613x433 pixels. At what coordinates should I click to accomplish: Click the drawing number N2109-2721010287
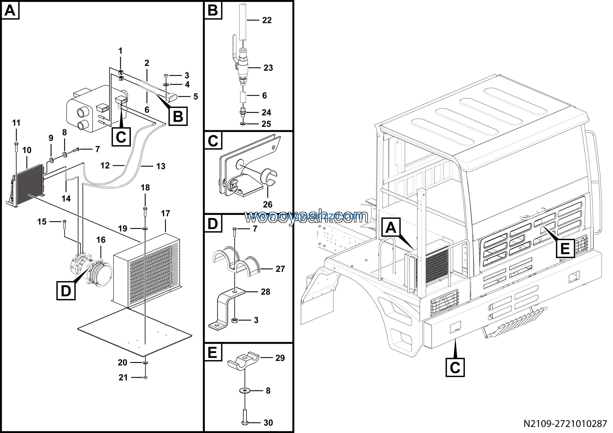click(565, 424)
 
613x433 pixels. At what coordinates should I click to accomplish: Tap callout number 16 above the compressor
click(101, 240)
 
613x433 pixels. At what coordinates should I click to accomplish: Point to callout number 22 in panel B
click(267, 20)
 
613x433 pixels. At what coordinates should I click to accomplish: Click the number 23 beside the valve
click(268, 68)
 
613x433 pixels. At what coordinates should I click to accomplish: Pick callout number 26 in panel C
click(267, 205)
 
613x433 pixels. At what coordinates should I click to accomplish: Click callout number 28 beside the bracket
click(265, 292)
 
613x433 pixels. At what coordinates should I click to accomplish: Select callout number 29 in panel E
click(280, 358)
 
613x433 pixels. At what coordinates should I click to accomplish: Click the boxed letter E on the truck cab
click(565, 249)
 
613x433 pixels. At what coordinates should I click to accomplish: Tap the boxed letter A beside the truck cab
click(391, 228)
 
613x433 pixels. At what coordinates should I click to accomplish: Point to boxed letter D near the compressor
click(66, 291)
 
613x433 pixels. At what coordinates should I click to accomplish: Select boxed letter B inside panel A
click(178, 116)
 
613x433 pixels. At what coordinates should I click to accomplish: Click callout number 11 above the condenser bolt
click(16, 123)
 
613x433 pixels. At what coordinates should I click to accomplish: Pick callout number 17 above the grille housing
click(165, 214)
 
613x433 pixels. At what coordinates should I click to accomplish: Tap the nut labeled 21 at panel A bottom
click(145, 377)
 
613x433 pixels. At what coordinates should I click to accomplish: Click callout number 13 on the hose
click(161, 166)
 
